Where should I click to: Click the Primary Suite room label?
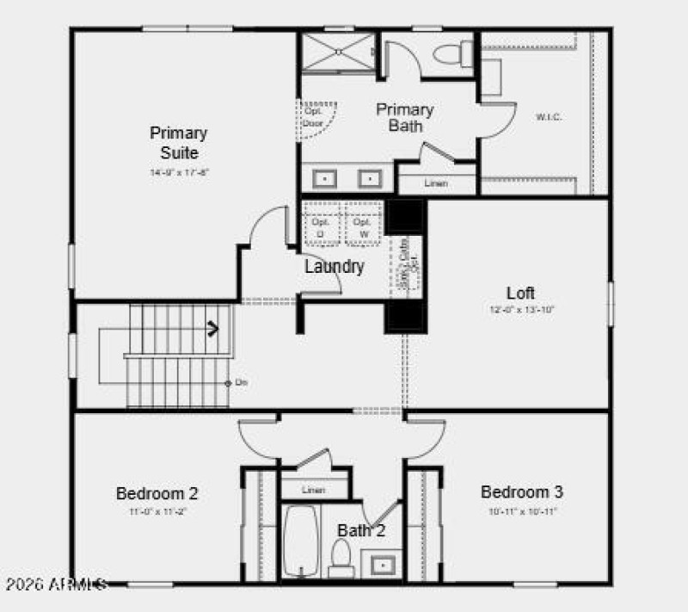click(179, 143)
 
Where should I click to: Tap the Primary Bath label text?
click(405, 118)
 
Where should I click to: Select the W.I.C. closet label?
click(549, 116)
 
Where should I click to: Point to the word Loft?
click(521, 293)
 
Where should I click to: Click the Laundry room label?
click(335, 267)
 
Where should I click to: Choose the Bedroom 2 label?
click(157, 493)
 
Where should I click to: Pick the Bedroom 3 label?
click(522, 492)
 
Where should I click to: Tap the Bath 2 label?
click(361, 530)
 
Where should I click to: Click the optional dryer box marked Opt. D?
click(321, 226)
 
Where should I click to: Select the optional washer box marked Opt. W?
click(363, 226)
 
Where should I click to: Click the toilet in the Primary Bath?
click(449, 55)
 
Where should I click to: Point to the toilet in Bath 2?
click(341, 557)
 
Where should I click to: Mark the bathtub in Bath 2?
click(301, 541)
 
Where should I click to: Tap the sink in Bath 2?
click(381, 566)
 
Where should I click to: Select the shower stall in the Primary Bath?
click(336, 53)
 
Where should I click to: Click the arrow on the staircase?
click(212, 327)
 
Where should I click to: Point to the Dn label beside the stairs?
click(241, 382)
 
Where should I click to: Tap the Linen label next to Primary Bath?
click(435, 183)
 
